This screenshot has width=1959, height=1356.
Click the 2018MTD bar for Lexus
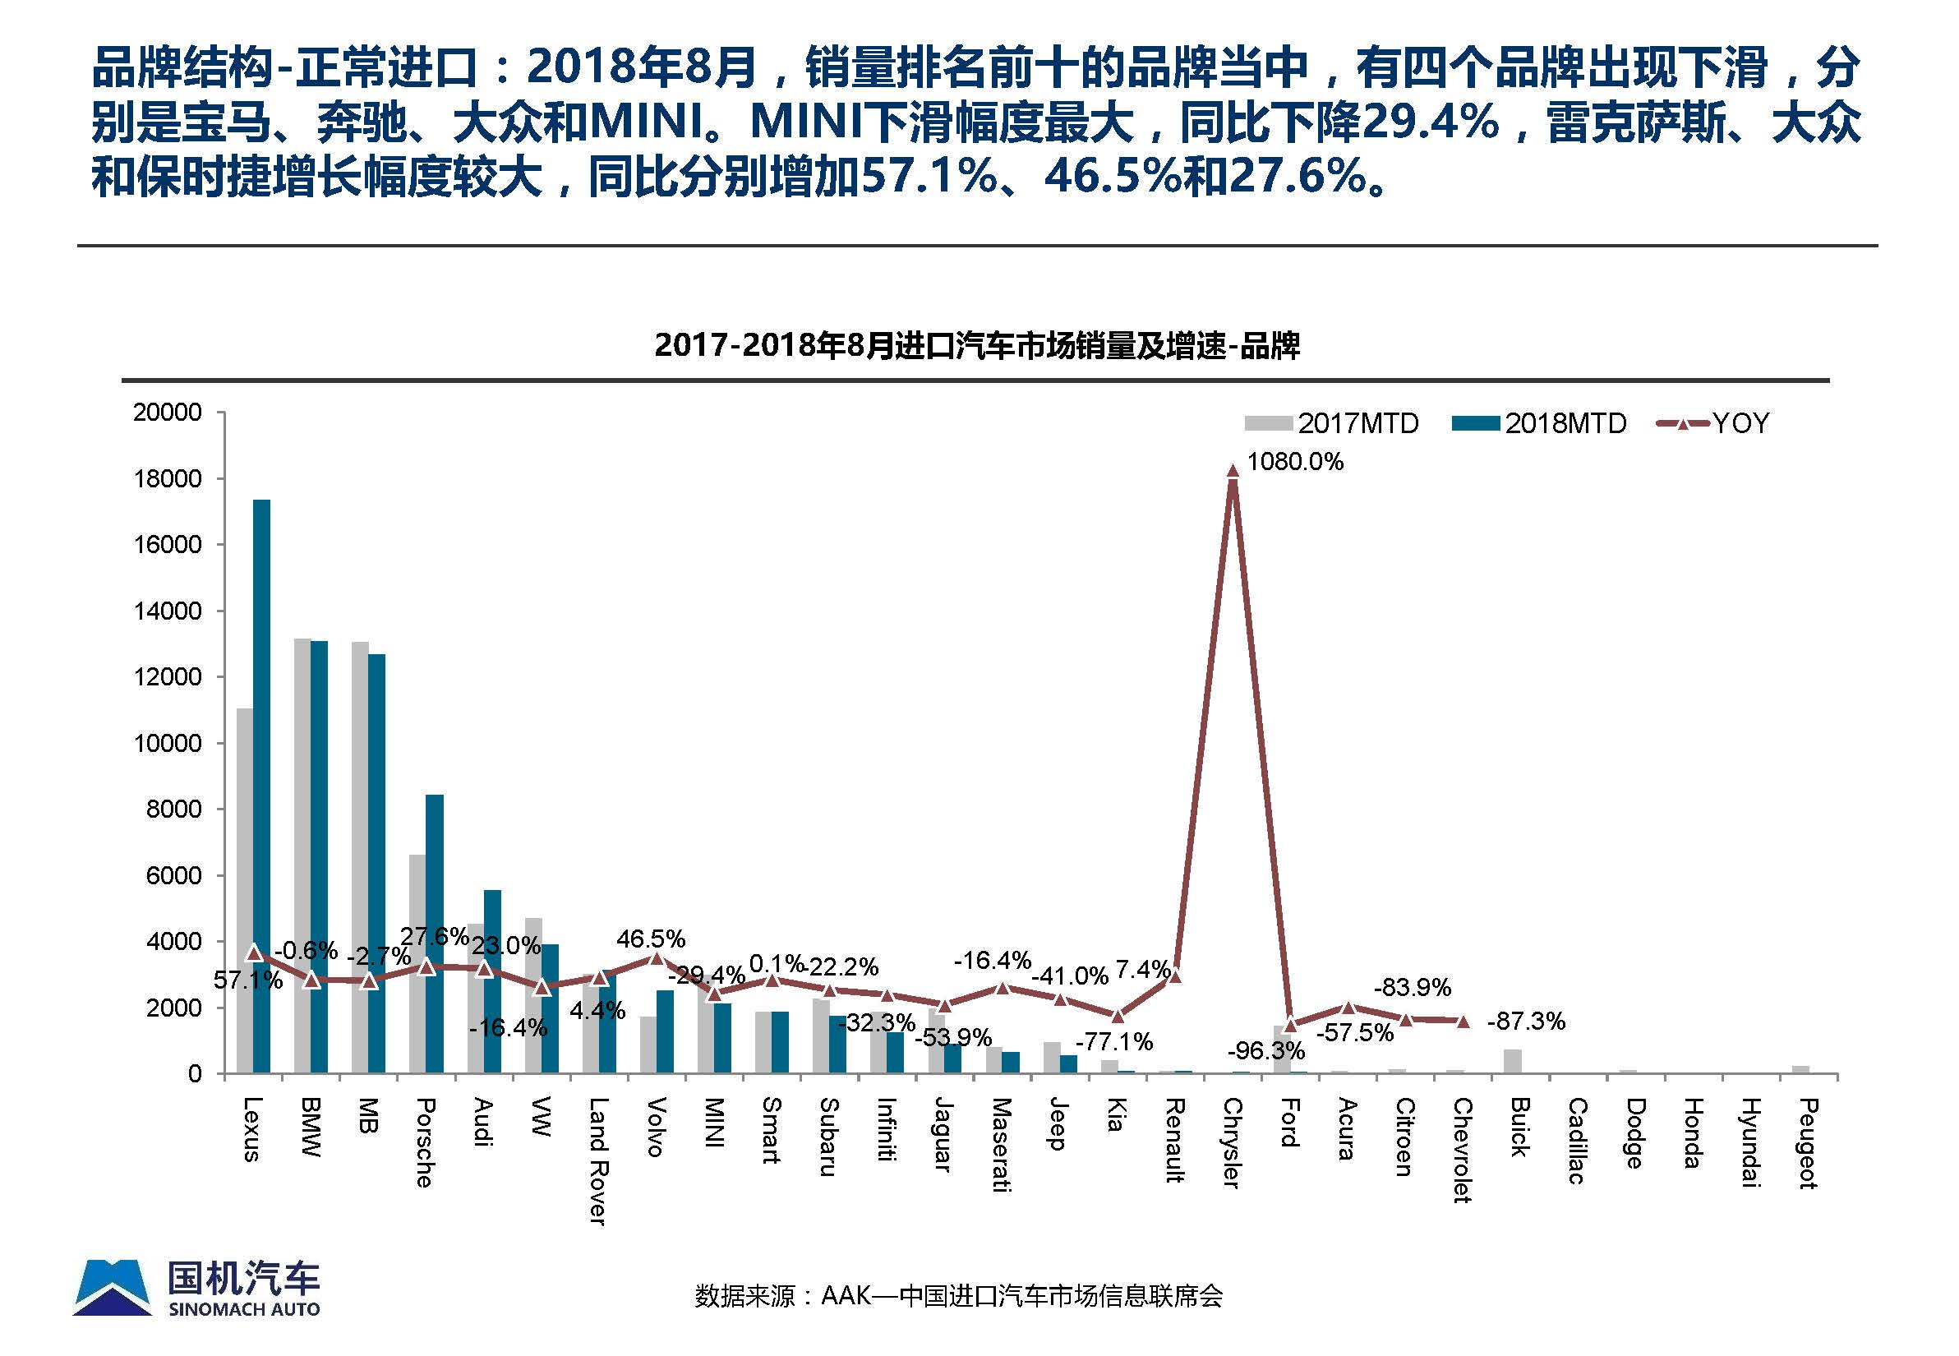tap(261, 786)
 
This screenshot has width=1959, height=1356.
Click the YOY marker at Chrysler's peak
tap(1233, 470)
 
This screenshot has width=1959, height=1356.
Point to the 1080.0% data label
tap(1295, 462)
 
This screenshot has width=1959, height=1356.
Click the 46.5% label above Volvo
tap(651, 939)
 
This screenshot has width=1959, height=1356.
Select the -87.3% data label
tap(1526, 1022)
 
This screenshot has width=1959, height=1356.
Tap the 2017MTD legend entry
tap(1332, 423)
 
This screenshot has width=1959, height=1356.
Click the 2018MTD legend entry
tap(1539, 423)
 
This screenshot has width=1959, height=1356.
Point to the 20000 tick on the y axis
tap(168, 413)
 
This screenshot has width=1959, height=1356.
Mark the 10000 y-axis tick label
tap(168, 744)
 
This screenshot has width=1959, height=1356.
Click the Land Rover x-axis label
tap(598, 1160)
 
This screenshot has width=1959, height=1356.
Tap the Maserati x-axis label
tap(1002, 1145)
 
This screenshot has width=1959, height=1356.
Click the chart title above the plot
tap(977, 346)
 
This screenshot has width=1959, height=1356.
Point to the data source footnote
tap(958, 1296)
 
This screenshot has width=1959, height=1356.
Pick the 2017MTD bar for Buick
tap(1512, 1061)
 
